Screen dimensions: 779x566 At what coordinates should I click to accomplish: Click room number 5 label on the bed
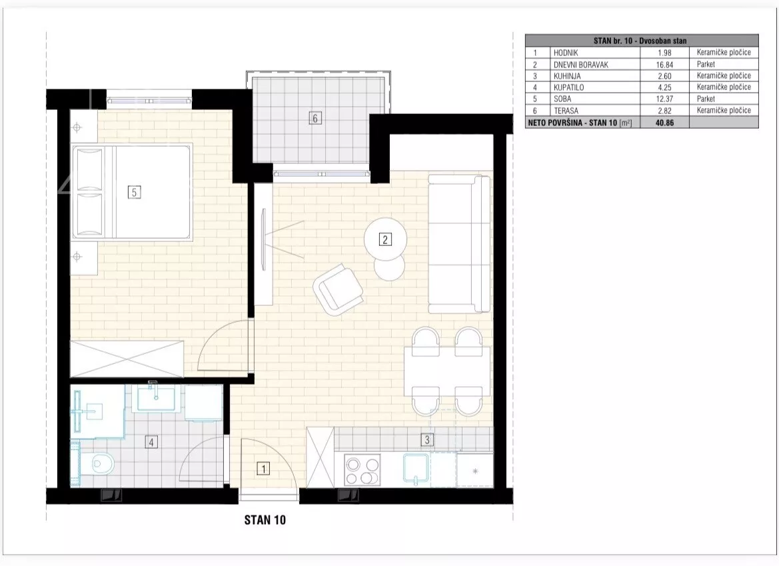(134, 192)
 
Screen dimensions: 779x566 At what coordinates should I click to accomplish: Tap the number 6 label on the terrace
(315, 118)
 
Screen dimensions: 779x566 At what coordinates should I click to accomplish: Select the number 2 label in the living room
(385, 239)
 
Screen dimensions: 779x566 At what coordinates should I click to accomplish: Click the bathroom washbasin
(156, 397)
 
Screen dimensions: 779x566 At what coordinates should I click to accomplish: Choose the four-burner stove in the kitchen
(362, 469)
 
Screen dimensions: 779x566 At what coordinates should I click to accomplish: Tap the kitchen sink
(416, 469)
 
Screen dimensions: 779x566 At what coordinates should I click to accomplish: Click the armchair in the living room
(338, 289)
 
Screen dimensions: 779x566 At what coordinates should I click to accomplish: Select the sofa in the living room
(460, 244)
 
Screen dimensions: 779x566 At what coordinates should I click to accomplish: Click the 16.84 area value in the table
(664, 65)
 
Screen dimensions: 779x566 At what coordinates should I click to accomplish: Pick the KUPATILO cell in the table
(569, 87)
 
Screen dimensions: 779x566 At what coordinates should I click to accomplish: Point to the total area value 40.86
(664, 122)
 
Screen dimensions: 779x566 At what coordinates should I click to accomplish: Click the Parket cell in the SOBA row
(706, 99)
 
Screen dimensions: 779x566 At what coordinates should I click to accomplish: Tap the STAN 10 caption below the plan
(265, 520)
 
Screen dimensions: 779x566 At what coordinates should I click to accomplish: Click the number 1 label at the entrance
(263, 468)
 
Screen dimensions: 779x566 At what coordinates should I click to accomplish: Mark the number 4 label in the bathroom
(151, 441)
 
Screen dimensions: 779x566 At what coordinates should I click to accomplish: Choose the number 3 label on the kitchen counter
(426, 439)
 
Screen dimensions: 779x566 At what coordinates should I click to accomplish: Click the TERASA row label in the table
(566, 111)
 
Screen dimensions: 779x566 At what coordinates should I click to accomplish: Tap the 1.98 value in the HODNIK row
(664, 53)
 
